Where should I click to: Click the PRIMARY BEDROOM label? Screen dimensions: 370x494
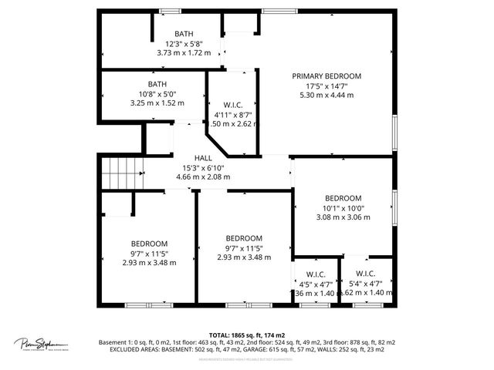point(327,76)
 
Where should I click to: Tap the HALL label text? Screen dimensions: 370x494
point(203,157)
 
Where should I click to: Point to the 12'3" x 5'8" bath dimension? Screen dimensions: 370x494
point(184,43)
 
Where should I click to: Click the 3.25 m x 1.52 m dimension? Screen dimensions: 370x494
point(157,103)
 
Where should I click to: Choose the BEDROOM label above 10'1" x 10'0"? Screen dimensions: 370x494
point(343,198)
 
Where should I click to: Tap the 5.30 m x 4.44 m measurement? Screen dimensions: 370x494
point(327,95)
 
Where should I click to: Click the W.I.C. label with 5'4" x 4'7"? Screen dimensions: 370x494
point(365,274)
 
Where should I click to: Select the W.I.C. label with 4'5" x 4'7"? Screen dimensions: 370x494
point(316,274)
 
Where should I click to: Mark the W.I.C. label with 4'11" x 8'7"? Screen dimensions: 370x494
point(232,106)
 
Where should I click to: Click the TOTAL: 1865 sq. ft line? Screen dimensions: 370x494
point(247,335)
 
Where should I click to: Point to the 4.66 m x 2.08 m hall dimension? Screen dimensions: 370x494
point(203,177)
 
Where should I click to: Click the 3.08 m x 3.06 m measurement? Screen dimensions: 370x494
point(343,217)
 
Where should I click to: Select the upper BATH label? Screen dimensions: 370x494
point(184,33)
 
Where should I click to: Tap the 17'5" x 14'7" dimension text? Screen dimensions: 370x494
point(327,86)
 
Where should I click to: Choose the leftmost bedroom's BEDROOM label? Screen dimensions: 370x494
point(149,243)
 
